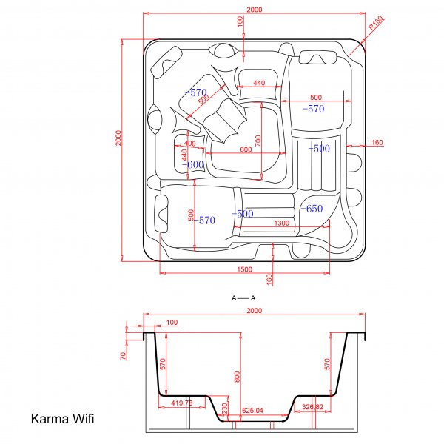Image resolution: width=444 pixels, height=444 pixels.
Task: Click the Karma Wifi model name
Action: [61, 419]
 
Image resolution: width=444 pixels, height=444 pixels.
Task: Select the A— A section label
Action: [243, 297]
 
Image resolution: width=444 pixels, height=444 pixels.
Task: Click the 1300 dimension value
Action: [281, 223]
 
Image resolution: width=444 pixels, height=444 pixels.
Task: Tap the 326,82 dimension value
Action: [313, 406]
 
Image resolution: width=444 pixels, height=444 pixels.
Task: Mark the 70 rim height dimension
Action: [124, 355]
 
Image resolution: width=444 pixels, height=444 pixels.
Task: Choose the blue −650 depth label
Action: [312, 209]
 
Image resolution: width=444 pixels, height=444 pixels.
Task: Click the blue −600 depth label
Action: [194, 164]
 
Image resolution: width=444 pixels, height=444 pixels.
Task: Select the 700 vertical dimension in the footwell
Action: [259, 140]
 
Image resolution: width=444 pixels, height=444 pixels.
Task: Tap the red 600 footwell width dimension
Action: [245, 149]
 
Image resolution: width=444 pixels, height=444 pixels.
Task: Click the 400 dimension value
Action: [190, 143]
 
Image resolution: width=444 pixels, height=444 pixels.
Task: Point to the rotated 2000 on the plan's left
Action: [117, 138]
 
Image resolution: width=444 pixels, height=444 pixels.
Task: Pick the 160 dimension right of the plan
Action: [377, 142]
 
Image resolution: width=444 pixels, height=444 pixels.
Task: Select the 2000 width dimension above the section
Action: [253, 312]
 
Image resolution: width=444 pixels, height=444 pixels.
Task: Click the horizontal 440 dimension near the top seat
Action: [259, 84]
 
